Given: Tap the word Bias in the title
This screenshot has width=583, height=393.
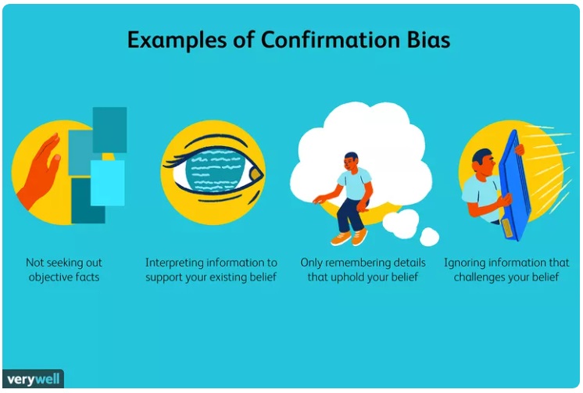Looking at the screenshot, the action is coord(429,40).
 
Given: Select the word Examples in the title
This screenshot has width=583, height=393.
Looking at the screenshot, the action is coord(177,41).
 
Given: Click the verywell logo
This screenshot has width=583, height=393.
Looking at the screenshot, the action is coord(33,379).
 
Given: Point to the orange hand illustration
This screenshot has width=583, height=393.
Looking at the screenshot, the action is coord(40,171).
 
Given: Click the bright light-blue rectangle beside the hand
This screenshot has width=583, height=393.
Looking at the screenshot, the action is coord(107,183).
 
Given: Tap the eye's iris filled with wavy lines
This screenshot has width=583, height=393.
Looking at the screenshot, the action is coord(215,170).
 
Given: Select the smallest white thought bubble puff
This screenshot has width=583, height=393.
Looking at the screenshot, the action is coord(430,237).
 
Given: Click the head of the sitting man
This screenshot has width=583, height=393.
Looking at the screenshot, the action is coord(351,161).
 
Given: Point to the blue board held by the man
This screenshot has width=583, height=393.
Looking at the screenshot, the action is coord(515,186).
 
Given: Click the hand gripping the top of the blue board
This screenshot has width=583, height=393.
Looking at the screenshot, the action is coord(520,149).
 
